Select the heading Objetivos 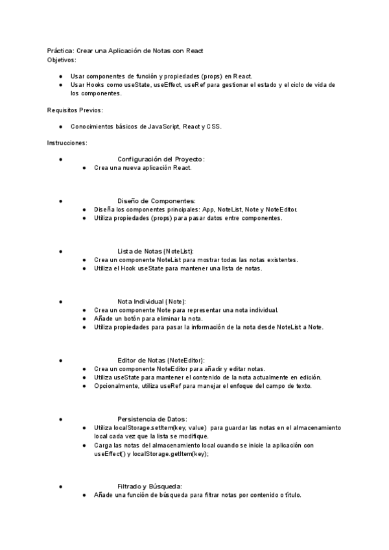(x=62, y=60)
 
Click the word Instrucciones (x=67, y=143)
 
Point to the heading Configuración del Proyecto (x=161, y=159)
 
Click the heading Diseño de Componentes (x=156, y=201)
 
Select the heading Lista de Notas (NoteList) (x=156, y=251)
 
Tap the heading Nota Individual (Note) (x=152, y=302)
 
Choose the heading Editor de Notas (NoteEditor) (x=161, y=360)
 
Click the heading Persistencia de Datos (x=152, y=419)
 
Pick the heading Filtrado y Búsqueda (x=149, y=486)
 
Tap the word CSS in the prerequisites (x=213, y=126)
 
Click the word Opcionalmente (x=113, y=386)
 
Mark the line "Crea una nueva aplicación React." (x=143, y=167)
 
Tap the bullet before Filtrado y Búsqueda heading (x=60, y=486)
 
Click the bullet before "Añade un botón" (x=85, y=318)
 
